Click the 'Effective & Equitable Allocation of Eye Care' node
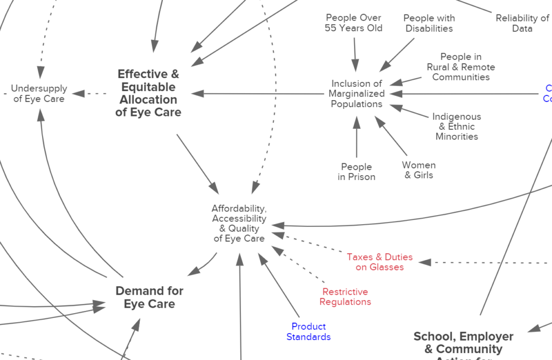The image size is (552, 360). click(x=148, y=93)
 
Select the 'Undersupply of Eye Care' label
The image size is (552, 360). click(x=39, y=93)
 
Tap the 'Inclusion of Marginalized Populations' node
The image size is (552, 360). click(x=356, y=94)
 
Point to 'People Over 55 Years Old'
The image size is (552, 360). click(x=354, y=23)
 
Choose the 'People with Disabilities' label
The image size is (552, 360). click(x=429, y=23)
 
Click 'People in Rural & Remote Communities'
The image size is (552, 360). click(x=460, y=67)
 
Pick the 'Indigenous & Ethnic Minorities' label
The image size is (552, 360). click(x=457, y=127)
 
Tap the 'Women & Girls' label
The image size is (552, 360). click(x=418, y=170)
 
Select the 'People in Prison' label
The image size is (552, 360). click(x=356, y=171)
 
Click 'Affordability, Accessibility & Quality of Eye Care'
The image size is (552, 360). click(x=239, y=223)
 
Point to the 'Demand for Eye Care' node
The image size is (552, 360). click(x=149, y=297)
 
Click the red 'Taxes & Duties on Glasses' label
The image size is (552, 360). click(x=379, y=262)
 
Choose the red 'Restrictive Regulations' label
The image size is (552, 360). click(x=345, y=296)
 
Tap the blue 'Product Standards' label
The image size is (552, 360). click(x=308, y=331)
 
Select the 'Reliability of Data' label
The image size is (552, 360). click(x=522, y=23)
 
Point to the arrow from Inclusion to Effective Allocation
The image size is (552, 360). click(x=259, y=94)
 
